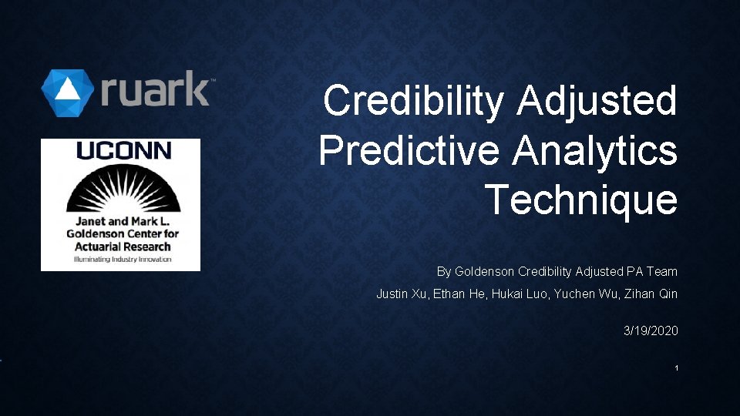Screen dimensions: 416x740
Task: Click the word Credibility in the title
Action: (415, 101)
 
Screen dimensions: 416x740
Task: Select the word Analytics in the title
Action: (594, 151)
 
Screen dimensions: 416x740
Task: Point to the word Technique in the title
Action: (581, 200)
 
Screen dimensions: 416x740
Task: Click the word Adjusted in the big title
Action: (598, 101)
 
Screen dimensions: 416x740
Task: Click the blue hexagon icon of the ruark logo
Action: (68, 92)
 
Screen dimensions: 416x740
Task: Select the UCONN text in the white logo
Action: (123, 151)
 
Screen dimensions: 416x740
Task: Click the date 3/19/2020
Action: (651, 330)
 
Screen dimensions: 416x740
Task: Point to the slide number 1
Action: (676, 368)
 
